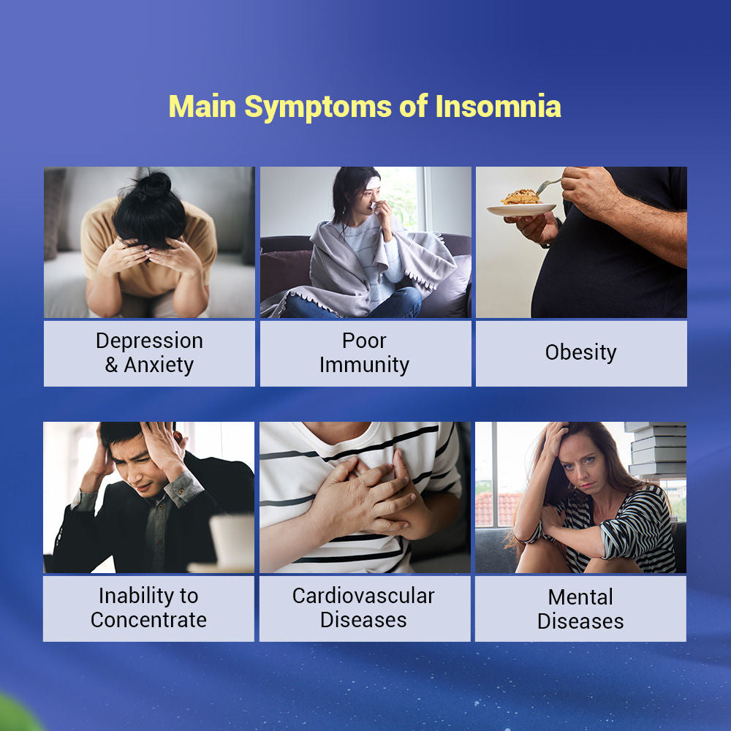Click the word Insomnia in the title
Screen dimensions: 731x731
point(498,106)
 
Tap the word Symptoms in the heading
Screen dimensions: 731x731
point(318,108)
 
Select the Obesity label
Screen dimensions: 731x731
point(581,352)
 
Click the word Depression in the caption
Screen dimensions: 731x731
point(149,341)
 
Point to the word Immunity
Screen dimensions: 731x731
point(365,365)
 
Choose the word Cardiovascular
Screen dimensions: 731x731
point(363,596)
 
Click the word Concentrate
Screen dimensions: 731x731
point(148,620)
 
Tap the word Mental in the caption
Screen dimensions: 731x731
point(580,597)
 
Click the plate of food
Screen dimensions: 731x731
point(521,204)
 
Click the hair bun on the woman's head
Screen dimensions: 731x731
point(153,185)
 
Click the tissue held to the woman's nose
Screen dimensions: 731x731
point(374,207)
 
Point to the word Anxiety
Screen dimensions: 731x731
point(159,365)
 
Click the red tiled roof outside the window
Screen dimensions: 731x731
point(499,509)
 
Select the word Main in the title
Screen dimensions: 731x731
point(202,106)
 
